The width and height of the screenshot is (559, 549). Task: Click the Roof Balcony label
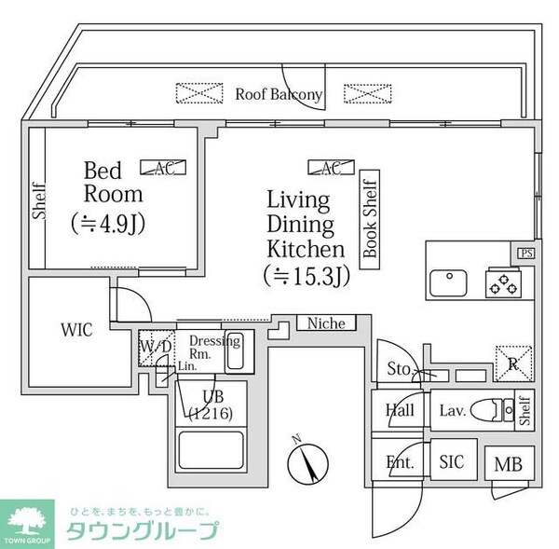279,94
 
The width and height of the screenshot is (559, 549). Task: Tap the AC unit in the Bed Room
163,168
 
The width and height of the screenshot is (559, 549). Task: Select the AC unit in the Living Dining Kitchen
331,168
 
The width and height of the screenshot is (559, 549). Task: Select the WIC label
76,331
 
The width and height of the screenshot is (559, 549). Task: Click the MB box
509,463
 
